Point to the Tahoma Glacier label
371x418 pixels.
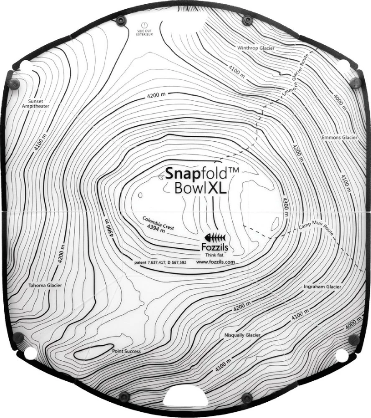coord(45,285)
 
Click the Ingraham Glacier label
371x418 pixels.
coord(323,287)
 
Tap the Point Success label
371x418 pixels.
coord(127,351)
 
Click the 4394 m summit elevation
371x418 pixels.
coord(154,228)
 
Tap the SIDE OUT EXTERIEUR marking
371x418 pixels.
coord(144,32)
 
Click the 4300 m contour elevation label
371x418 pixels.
coord(286,206)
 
